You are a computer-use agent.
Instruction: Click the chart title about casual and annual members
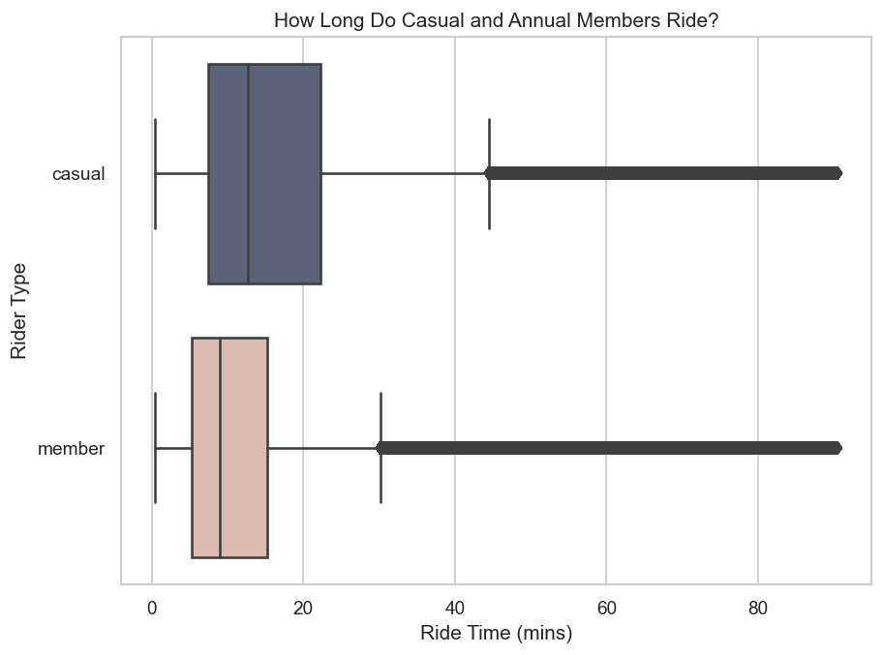[496, 20]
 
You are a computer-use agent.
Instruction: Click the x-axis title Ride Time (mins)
[496, 635]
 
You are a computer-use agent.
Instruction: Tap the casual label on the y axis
[77, 174]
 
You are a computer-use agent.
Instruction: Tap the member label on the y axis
[71, 449]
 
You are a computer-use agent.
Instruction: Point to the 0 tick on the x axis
[152, 609]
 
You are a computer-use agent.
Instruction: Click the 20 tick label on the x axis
[303, 609]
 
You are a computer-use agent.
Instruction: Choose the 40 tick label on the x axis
[455, 609]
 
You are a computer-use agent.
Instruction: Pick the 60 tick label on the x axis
[606, 609]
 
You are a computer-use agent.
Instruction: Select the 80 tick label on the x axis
[758, 609]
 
